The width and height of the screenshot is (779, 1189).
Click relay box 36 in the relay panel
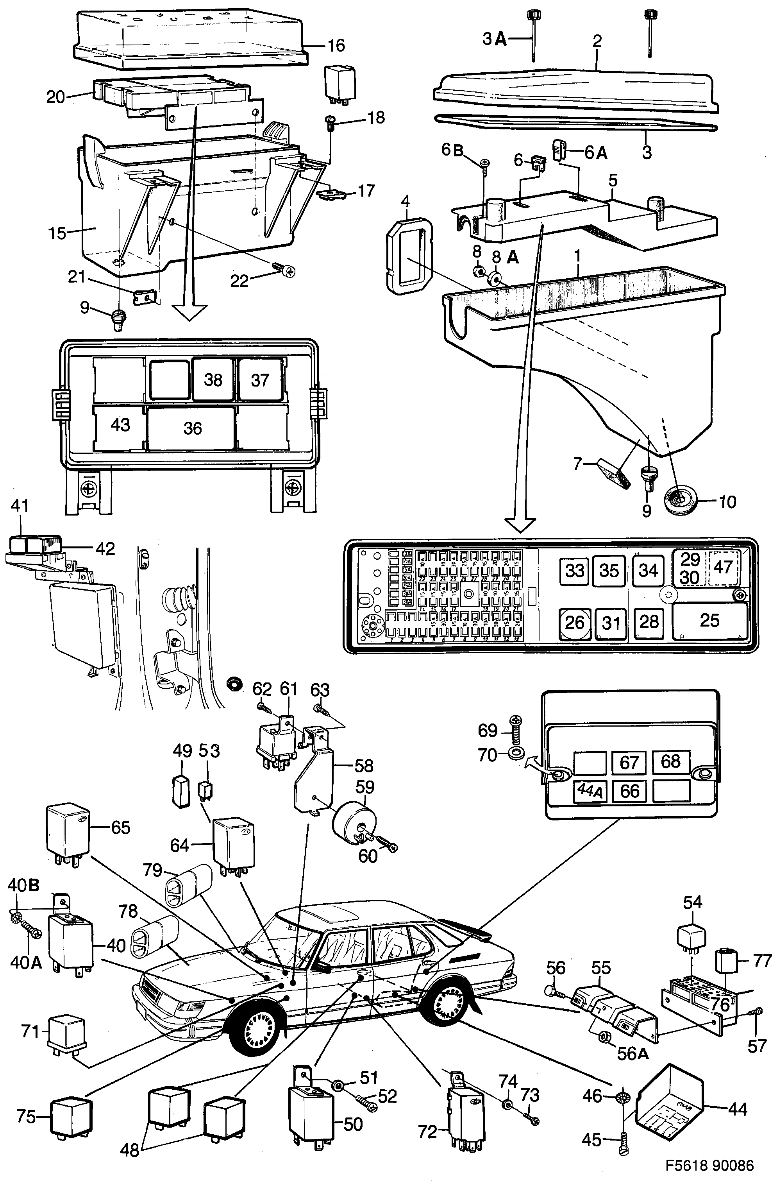(192, 428)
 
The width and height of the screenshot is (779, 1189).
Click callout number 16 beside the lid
(336, 45)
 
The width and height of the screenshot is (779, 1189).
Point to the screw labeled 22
(287, 270)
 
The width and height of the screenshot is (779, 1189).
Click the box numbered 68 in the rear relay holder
(670, 762)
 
